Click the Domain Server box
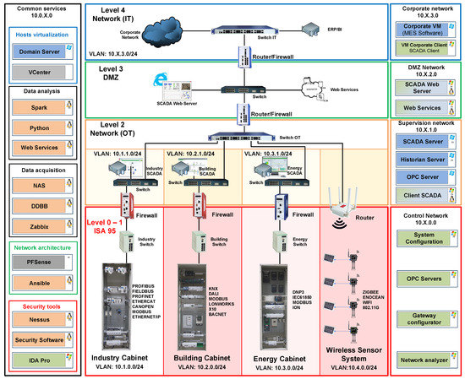40,52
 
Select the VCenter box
40,73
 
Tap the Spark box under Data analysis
40,111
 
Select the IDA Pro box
40,360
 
